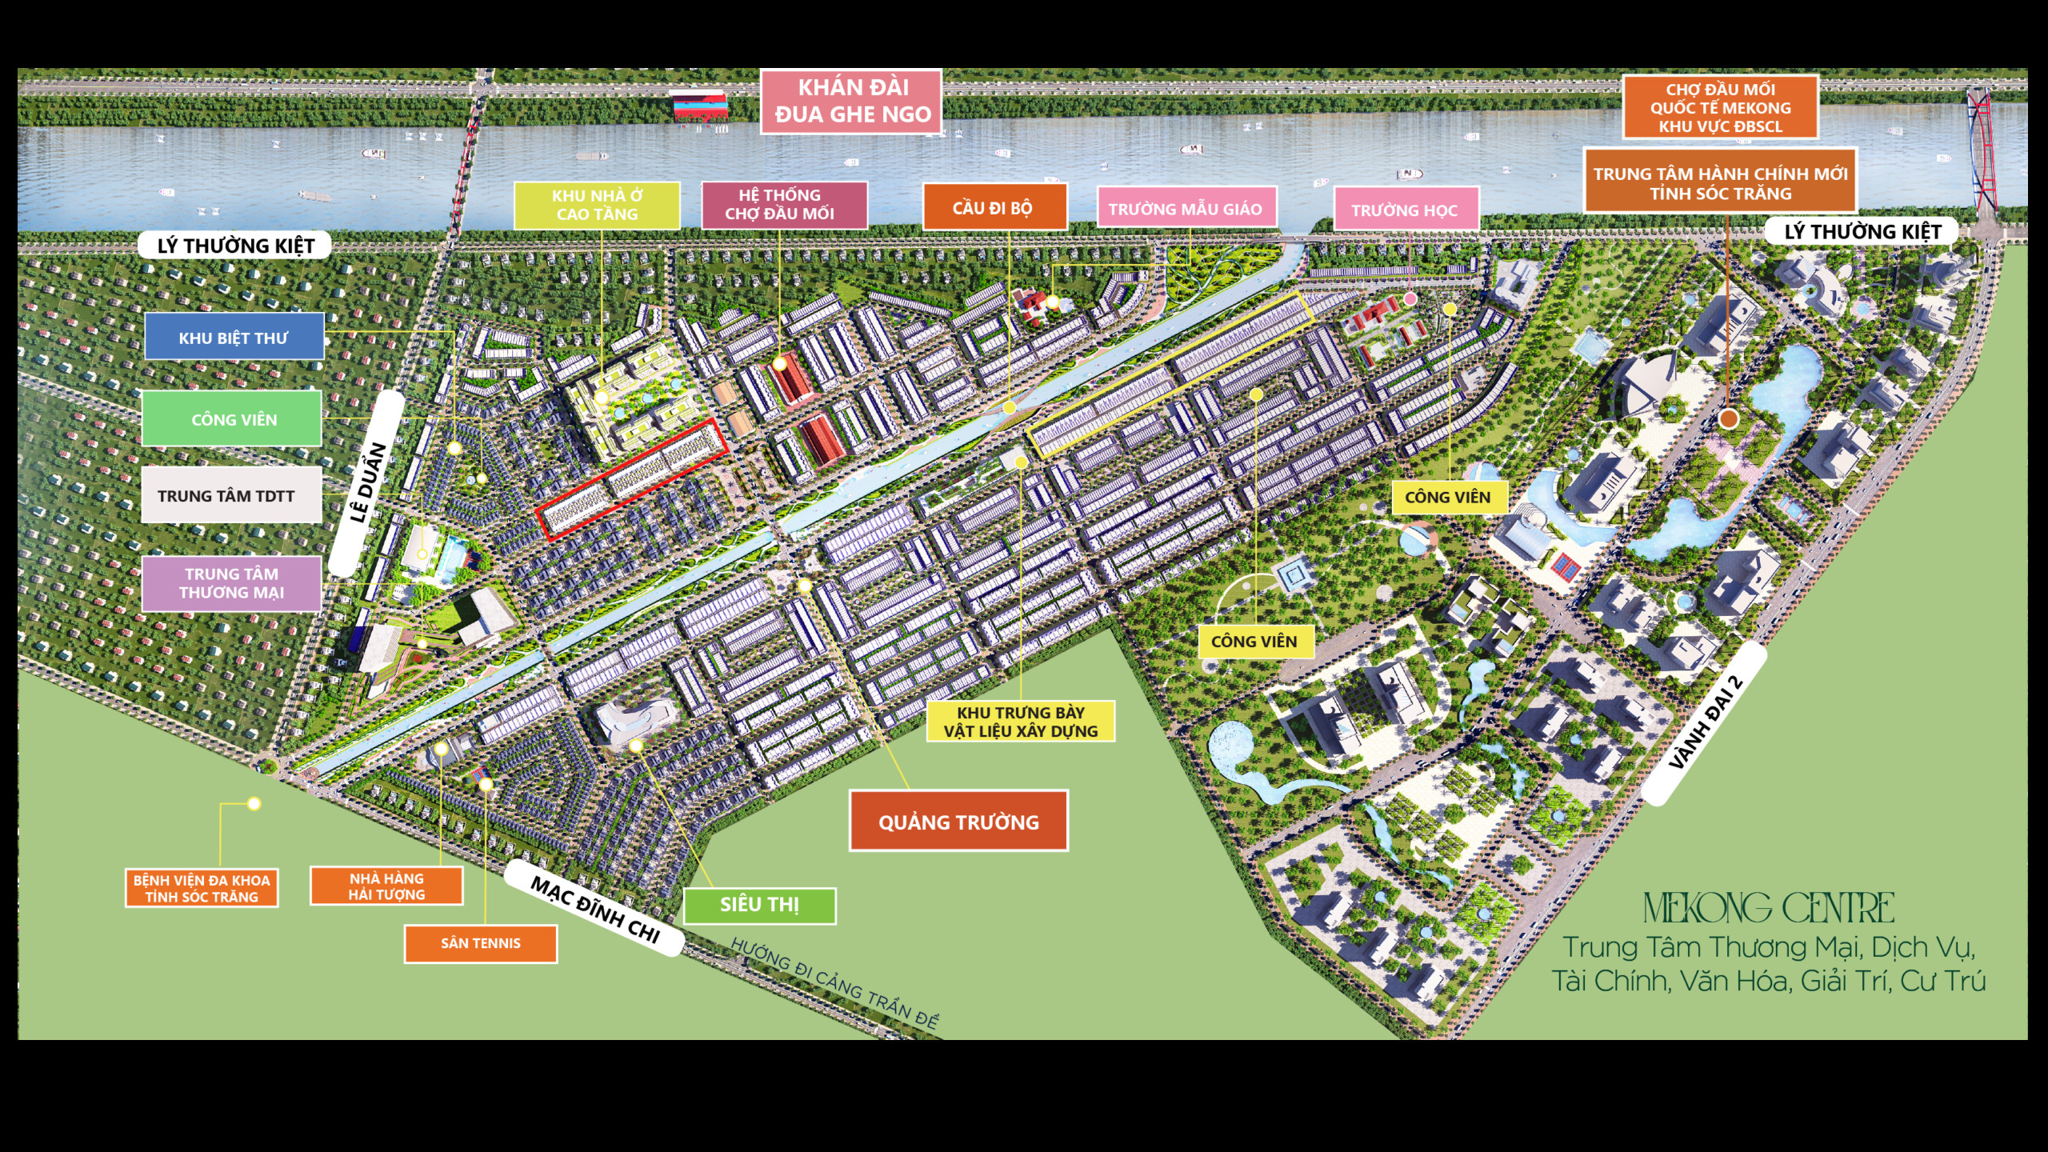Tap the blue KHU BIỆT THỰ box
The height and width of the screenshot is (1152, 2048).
234,337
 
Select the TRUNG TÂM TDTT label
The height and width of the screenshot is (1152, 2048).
230,496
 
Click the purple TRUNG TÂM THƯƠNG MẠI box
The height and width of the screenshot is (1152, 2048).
231,583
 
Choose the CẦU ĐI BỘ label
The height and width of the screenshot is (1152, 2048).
994,208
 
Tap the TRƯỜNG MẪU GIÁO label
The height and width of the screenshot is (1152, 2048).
1185,209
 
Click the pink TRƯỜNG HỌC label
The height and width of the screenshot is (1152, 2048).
1405,210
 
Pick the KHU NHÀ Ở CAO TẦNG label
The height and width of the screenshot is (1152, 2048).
597,205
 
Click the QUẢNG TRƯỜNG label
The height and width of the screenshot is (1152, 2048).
958,822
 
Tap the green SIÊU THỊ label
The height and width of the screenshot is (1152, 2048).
759,905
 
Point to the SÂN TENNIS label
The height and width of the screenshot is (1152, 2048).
480,943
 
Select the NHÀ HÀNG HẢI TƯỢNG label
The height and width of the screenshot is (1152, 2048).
386,886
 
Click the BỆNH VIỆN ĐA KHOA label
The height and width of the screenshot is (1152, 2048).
202,889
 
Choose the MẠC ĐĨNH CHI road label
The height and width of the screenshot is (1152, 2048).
595,908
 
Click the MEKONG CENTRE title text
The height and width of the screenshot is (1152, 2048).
1768,908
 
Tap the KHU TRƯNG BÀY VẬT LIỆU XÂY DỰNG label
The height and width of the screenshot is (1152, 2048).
1020,721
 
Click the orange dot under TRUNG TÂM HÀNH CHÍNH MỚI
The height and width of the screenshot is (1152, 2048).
1729,418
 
